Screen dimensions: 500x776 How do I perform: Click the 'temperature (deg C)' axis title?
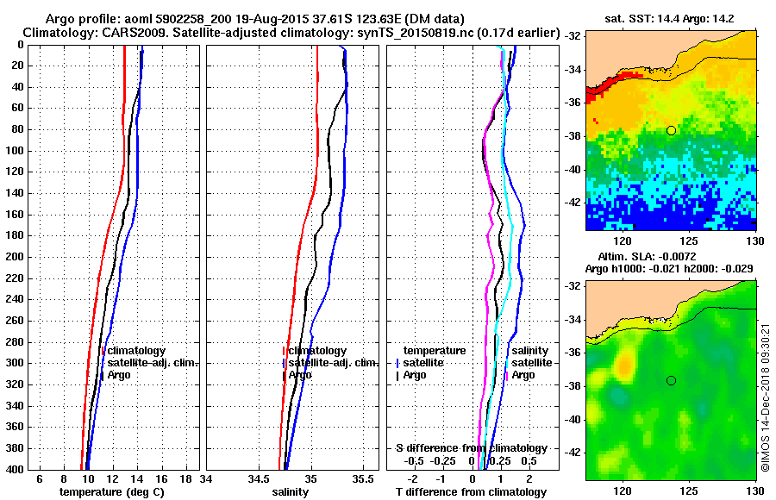[111, 492]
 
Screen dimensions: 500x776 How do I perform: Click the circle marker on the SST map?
[671, 130]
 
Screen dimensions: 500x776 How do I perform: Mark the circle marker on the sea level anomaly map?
[671, 380]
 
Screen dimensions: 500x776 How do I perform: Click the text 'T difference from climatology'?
[470, 492]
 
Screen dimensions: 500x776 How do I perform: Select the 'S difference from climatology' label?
[471, 448]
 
